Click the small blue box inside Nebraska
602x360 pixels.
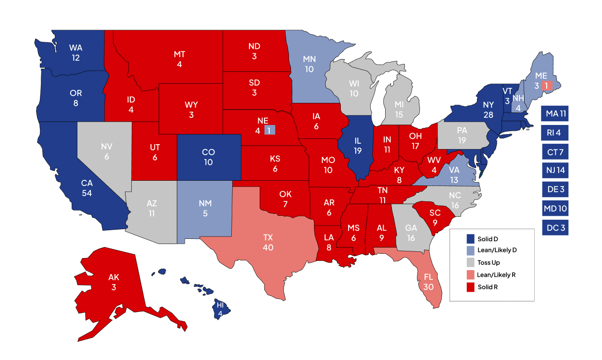[x=269, y=130]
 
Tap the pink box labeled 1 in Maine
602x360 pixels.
[x=547, y=85]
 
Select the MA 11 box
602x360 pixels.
[x=554, y=114]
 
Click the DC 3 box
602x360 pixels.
[x=554, y=227]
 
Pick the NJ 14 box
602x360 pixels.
[x=554, y=171]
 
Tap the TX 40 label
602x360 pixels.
[x=268, y=242]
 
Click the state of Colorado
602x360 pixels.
[x=208, y=157]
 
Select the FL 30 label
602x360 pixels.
[x=428, y=282]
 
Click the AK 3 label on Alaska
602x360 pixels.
[x=114, y=283]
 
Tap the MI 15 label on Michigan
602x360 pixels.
[x=399, y=109]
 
